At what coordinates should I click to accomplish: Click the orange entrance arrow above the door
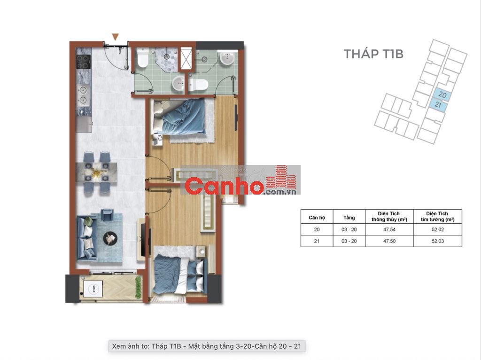[x=116, y=37]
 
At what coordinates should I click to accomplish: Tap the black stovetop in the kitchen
[x=83, y=62]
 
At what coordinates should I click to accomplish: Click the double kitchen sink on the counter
[x=83, y=95]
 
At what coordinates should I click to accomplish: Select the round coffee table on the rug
[x=110, y=238]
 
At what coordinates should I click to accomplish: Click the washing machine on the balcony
[x=93, y=289]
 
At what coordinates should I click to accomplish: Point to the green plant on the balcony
[x=139, y=287]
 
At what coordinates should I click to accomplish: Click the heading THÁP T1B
[x=373, y=54]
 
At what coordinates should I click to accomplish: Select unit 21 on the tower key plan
[x=438, y=105]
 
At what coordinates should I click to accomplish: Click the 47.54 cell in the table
[x=389, y=229]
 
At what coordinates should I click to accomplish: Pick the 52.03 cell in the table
[x=437, y=241]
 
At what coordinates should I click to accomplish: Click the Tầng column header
[x=349, y=217]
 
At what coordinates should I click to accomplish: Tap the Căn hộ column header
[x=317, y=217]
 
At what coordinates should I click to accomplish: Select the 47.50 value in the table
[x=389, y=241]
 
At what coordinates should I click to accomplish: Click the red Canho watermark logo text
[x=224, y=186]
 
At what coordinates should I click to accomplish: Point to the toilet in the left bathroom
[x=143, y=57]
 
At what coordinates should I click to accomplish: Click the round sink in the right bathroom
[x=227, y=58]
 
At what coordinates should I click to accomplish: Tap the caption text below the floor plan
[x=207, y=346]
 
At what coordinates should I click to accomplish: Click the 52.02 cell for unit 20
[x=437, y=229]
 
